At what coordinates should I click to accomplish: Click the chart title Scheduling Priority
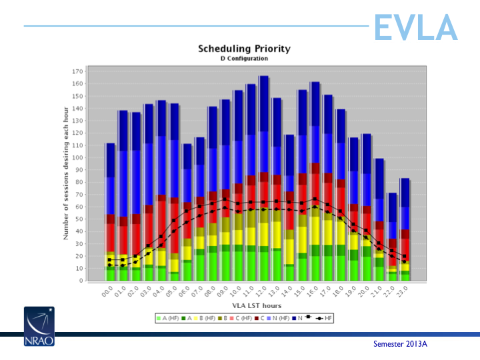click(x=244, y=49)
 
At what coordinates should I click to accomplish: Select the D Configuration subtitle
click(x=244, y=59)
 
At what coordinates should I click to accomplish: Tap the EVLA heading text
click(x=415, y=27)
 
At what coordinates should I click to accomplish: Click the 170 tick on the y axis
click(x=79, y=71)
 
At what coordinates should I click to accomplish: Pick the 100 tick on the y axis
click(x=79, y=157)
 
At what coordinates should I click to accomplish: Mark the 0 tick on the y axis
click(x=82, y=281)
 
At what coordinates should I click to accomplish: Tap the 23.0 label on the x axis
click(x=403, y=292)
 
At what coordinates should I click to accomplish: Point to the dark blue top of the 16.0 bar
click(x=315, y=103)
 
